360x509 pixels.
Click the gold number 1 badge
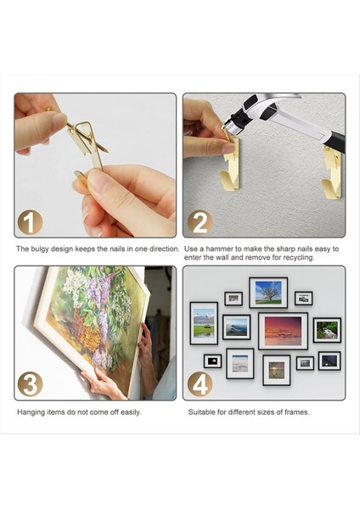(31, 222)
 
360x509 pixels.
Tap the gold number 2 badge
(200, 222)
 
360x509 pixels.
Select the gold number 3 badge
(31, 383)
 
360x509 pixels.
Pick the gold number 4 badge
(200, 384)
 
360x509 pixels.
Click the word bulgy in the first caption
(40, 249)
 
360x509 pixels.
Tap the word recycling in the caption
(299, 258)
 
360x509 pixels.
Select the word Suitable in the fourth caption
(201, 412)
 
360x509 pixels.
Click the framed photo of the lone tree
(268, 293)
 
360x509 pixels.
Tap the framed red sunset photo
(283, 331)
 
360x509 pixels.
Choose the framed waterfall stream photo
(327, 330)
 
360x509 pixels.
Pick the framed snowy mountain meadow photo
(204, 323)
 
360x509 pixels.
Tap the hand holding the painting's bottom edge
(103, 383)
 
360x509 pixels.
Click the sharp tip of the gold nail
(107, 152)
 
